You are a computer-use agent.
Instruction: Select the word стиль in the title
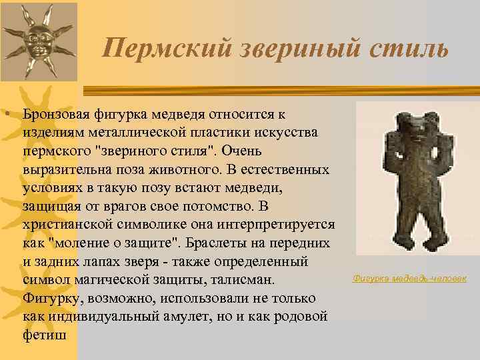click(x=403, y=47)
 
